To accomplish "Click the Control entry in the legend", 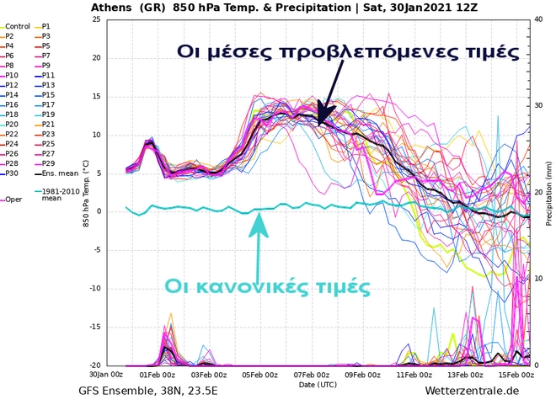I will coord(17,27).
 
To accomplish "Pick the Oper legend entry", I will coord(13,200).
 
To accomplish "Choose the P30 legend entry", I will coord(12,173).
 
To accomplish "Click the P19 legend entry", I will coord(48,115).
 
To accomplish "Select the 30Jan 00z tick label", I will coord(106,375).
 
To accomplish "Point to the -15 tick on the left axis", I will coord(95,327).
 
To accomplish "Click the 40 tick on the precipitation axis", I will coord(539,19).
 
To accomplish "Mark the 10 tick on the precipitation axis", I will coord(539,279).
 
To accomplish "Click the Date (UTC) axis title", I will coord(318,384).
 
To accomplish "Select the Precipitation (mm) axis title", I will coord(548,193).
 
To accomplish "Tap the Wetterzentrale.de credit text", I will coord(472,392).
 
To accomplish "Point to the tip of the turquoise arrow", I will coord(260,214).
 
